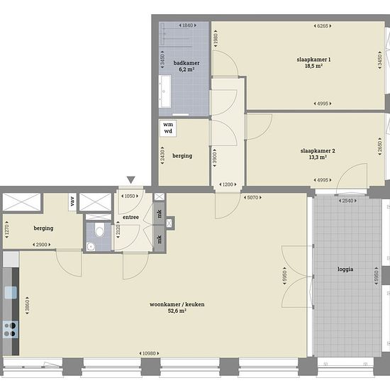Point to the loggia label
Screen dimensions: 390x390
tap(345, 269)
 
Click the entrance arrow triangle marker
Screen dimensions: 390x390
tap(131, 180)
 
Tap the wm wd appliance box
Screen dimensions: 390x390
tap(168, 128)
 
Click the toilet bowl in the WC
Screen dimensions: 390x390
tap(99, 230)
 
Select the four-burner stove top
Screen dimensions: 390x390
tap(10, 330)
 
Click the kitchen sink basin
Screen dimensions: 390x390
tap(11, 292)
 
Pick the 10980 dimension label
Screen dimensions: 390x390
tap(149, 353)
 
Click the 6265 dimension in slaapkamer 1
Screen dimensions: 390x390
tap(323, 26)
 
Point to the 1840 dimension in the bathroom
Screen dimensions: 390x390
tap(187, 26)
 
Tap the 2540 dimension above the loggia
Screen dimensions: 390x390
tap(347, 201)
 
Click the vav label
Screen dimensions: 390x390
tap(72, 201)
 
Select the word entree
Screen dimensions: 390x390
tap(131, 217)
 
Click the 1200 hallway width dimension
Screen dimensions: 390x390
tap(228, 184)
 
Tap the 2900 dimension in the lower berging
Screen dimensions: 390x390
tap(42, 245)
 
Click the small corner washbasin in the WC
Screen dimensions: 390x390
tap(91, 247)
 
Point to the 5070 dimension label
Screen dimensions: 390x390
tap(252, 198)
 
